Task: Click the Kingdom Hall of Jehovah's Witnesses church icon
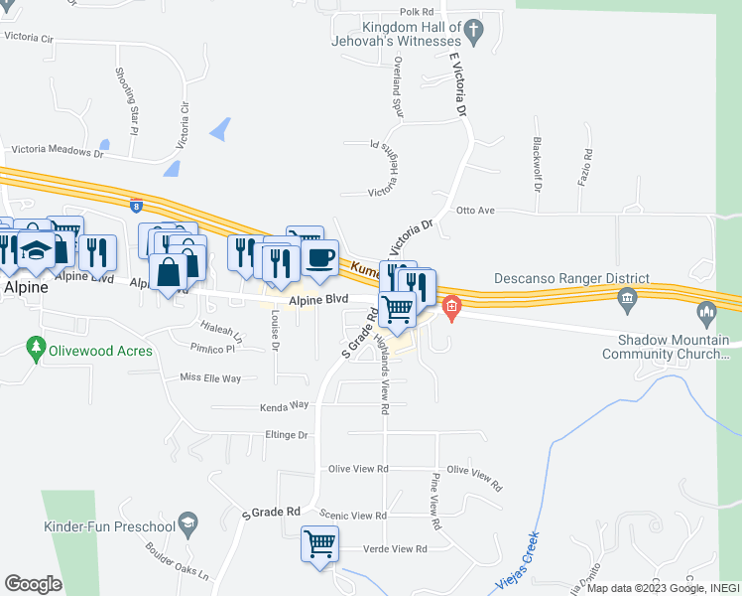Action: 474,33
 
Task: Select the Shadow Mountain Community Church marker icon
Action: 707,315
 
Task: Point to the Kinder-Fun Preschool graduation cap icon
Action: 186,522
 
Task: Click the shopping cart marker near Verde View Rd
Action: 320,543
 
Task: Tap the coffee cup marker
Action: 319,258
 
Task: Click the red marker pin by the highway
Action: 451,308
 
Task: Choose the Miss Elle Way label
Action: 210,378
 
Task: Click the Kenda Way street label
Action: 285,405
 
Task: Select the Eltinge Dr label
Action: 288,435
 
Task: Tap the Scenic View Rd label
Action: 353,516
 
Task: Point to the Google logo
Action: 33,584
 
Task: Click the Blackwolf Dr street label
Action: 537,164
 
